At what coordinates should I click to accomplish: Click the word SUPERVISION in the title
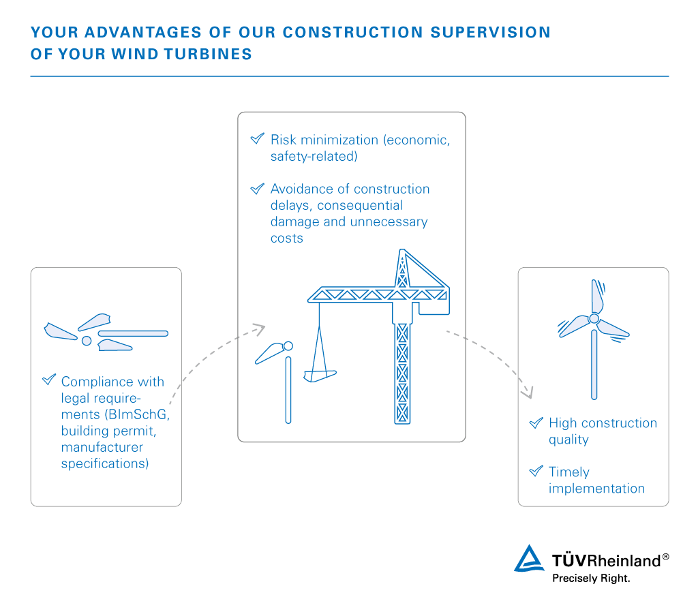(x=491, y=33)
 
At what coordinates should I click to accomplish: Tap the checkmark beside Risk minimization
(x=257, y=138)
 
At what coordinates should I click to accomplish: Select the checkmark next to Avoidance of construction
(x=257, y=189)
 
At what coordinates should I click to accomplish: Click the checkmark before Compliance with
(x=49, y=380)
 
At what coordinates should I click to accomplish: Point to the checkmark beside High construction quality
(x=536, y=423)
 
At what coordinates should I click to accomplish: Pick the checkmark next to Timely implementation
(x=536, y=471)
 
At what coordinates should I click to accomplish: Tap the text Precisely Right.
(x=591, y=579)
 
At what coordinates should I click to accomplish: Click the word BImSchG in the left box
(x=137, y=414)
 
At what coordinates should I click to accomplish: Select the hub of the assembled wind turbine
(x=594, y=318)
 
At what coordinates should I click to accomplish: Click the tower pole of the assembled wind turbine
(x=594, y=365)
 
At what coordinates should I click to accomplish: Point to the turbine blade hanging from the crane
(x=320, y=376)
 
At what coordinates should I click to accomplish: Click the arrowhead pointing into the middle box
(x=258, y=330)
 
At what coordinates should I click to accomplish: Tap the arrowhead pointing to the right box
(x=527, y=393)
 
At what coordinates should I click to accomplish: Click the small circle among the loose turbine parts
(x=87, y=341)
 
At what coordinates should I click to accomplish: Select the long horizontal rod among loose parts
(x=133, y=333)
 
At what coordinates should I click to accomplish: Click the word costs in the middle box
(x=287, y=239)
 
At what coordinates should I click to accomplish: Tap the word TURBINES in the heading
(x=208, y=55)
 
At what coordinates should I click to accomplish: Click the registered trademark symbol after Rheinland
(x=665, y=557)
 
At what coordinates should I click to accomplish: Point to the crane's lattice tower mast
(x=402, y=373)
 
